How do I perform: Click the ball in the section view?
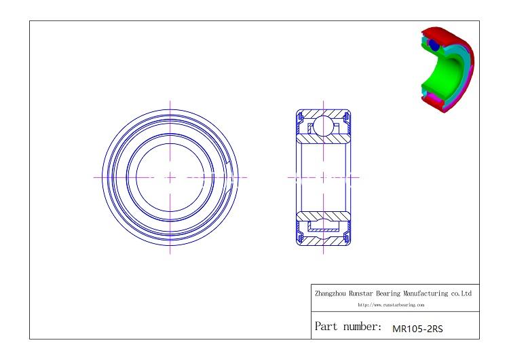tap(323, 126)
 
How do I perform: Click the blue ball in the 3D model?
tap(434, 45)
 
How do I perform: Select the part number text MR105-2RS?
tap(417, 329)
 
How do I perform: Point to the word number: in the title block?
tap(362, 327)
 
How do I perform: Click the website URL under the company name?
tap(391, 305)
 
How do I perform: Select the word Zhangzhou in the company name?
tap(331, 293)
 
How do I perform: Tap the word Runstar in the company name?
tap(361, 293)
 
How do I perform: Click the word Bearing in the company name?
tap(388, 293)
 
